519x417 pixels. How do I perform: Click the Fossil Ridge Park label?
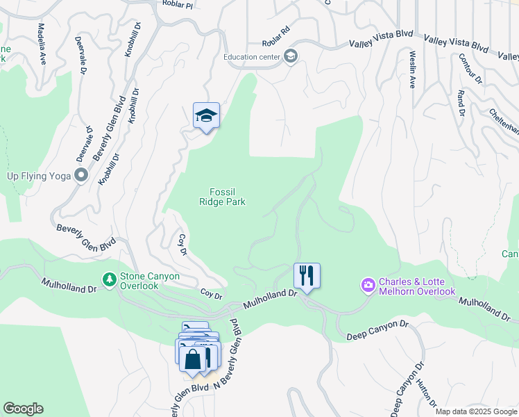[x=223, y=197]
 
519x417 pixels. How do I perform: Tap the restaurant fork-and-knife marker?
[x=307, y=275]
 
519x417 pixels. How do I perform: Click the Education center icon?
[x=291, y=57]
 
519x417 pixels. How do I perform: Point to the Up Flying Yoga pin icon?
[x=81, y=176]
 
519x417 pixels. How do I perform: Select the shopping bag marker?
[x=193, y=359]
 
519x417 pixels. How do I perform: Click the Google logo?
[x=23, y=409]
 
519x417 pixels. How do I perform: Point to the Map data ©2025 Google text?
[x=476, y=411]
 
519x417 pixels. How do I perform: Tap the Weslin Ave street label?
[x=412, y=68]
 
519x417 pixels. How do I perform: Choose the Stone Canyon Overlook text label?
[x=149, y=280]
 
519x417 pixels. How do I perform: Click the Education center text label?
[x=251, y=57]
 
